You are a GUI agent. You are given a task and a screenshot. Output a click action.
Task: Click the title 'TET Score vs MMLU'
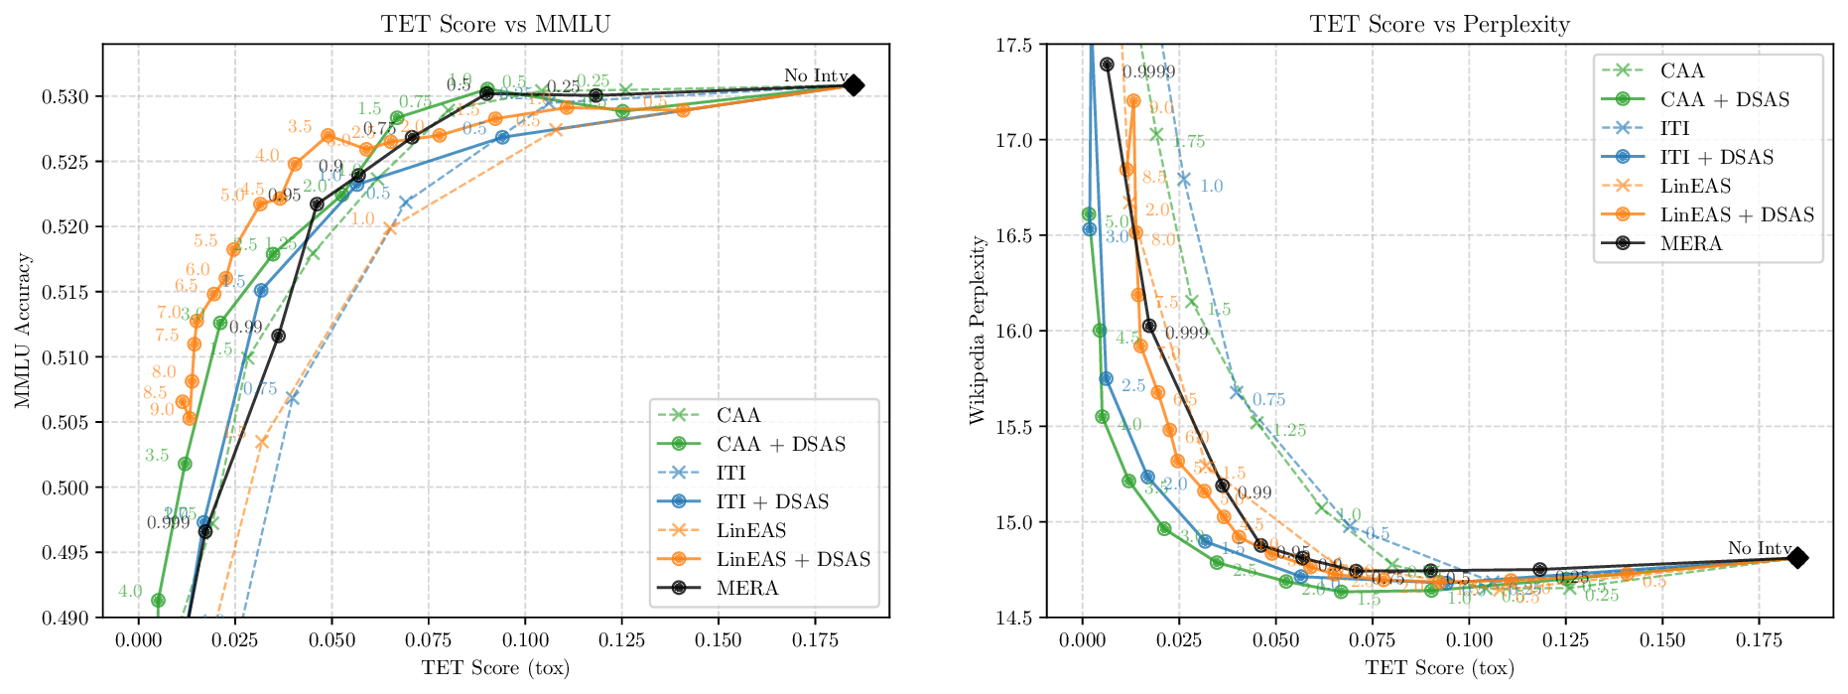point(495,24)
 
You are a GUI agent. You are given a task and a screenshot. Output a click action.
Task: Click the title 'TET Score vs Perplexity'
point(1439,24)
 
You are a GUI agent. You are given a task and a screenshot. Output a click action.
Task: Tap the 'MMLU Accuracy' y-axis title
point(23,331)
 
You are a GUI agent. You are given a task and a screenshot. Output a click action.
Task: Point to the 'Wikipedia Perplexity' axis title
point(977,331)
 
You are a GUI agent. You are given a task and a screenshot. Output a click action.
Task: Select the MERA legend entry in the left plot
point(747,588)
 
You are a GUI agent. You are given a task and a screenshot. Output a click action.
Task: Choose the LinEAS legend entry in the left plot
point(750,530)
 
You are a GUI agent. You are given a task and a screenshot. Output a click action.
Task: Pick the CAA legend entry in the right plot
point(1681,70)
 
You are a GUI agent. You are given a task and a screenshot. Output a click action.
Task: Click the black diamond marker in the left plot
point(853,85)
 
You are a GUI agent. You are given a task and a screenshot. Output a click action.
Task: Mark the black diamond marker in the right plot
point(1797,558)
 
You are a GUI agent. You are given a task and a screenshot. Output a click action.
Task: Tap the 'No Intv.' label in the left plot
point(816,75)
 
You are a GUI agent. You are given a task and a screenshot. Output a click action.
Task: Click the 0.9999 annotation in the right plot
point(1148,71)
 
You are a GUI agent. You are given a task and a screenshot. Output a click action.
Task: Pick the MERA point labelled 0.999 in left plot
point(205,531)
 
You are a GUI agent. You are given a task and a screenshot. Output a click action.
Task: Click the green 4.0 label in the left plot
point(130,591)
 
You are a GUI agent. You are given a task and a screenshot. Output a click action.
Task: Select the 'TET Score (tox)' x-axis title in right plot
point(1439,668)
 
